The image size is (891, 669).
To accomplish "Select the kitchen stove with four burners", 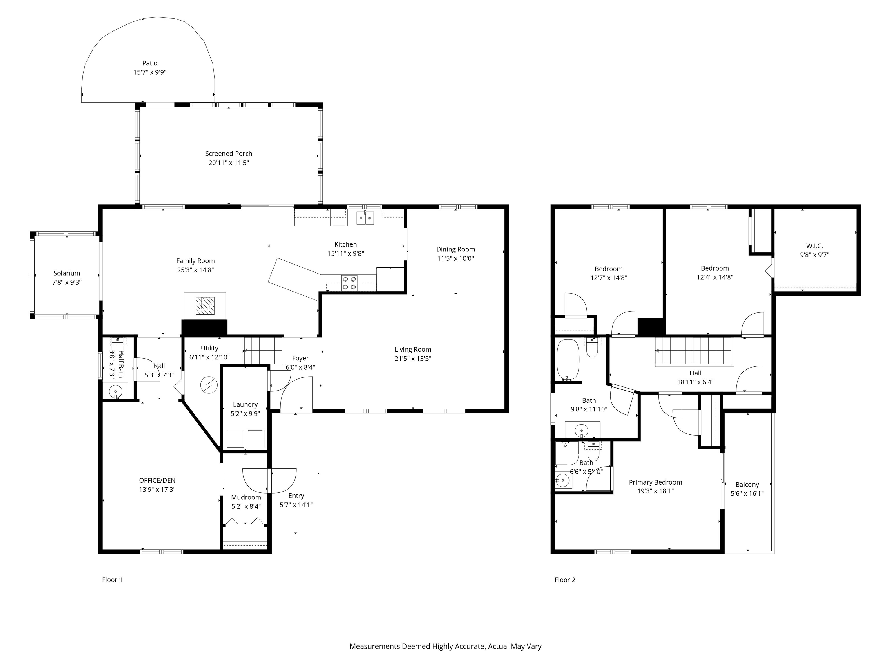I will click(x=349, y=283).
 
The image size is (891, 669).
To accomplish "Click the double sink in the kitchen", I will click(x=365, y=218).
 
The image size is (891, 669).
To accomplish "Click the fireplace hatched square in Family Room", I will click(x=205, y=306).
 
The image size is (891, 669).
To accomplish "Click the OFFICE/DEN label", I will click(x=157, y=480).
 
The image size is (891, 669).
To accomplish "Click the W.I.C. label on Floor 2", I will click(x=814, y=246).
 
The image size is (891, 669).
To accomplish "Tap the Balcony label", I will click(x=747, y=484).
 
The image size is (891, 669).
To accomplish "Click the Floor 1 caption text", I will click(x=112, y=580).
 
